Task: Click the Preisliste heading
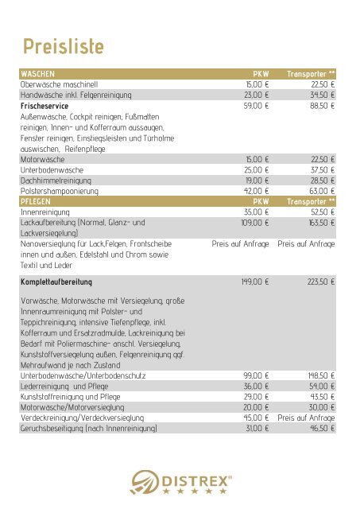(x=63, y=46)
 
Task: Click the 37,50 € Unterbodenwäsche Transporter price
(x=321, y=169)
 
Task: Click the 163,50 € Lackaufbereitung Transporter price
(x=319, y=224)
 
